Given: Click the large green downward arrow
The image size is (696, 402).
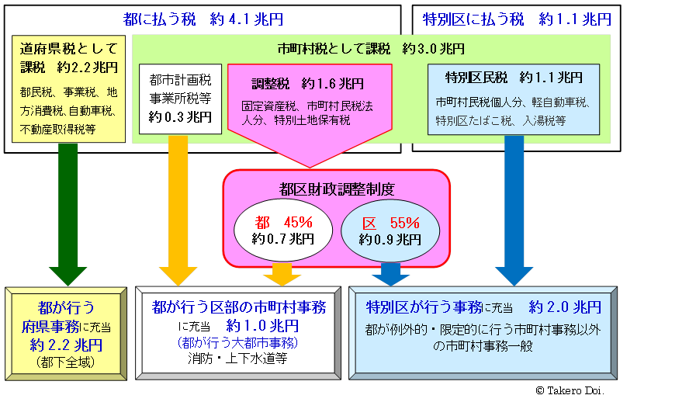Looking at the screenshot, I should (x=68, y=210).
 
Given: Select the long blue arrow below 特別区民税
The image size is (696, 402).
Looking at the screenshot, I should (x=514, y=206).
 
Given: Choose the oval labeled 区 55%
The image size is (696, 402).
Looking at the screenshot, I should (x=390, y=230).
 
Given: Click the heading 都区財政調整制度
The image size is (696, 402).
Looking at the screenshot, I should (x=337, y=188).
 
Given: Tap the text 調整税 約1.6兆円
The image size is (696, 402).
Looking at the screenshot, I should (x=308, y=83).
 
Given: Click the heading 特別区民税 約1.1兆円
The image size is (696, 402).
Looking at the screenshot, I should (x=514, y=78).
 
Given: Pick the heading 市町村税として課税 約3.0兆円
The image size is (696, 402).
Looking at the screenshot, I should (x=371, y=49).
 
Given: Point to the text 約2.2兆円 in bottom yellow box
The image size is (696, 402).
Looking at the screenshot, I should (x=66, y=345).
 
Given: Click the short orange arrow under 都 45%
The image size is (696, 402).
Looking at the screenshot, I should (x=282, y=272).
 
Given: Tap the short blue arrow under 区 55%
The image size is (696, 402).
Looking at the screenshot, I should (x=390, y=272).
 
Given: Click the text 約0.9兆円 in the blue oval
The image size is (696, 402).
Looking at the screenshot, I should (x=390, y=240).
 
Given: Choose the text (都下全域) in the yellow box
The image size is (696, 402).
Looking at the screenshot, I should (x=65, y=362).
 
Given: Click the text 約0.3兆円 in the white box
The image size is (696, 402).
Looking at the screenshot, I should (x=180, y=116).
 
